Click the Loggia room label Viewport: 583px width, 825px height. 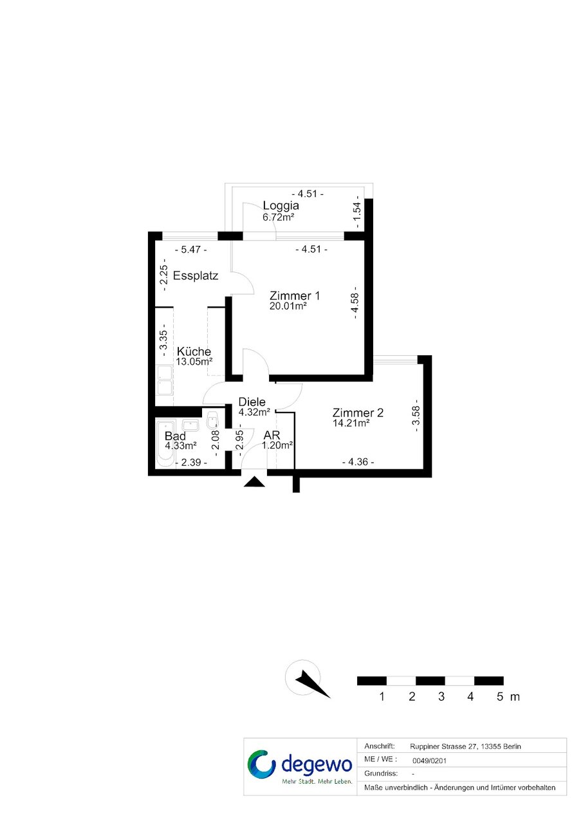click(x=281, y=205)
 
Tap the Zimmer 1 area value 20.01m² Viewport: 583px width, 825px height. click(x=288, y=306)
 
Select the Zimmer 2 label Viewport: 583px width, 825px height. click(x=358, y=412)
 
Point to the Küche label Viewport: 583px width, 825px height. click(x=194, y=351)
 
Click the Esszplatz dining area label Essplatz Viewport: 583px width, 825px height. click(x=196, y=275)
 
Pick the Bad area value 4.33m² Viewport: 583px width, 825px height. click(x=180, y=446)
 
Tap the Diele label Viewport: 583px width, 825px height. click(x=252, y=402)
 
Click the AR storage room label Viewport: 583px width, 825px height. click(x=272, y=435)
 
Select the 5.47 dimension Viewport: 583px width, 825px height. click(x=190, y=250)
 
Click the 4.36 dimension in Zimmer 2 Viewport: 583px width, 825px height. click(x=358, y=462)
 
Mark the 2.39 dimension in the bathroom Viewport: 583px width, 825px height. click(x=190, y=462)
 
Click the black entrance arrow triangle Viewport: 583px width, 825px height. click(x=254, y=482)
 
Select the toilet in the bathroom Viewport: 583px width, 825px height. click(x=213, y=421)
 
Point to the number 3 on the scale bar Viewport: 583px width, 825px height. click(x=441, y=696)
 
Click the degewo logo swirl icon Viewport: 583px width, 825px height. click(x=261, y=765)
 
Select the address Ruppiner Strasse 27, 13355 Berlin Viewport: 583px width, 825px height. click(x=465, y=746)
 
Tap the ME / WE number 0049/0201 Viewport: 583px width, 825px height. click(x=429, y=761)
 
